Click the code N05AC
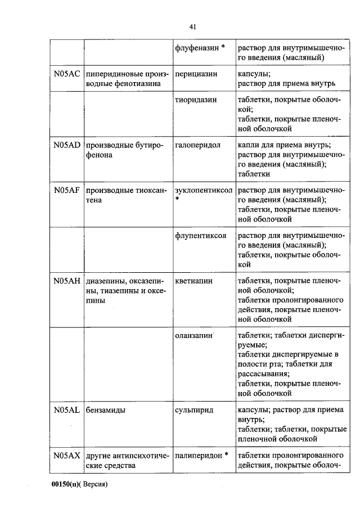click(67, 74)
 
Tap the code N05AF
click(67, 190)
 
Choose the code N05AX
click(67, 456)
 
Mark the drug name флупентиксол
click(201, 236)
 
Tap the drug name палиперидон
click(197, 456)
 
